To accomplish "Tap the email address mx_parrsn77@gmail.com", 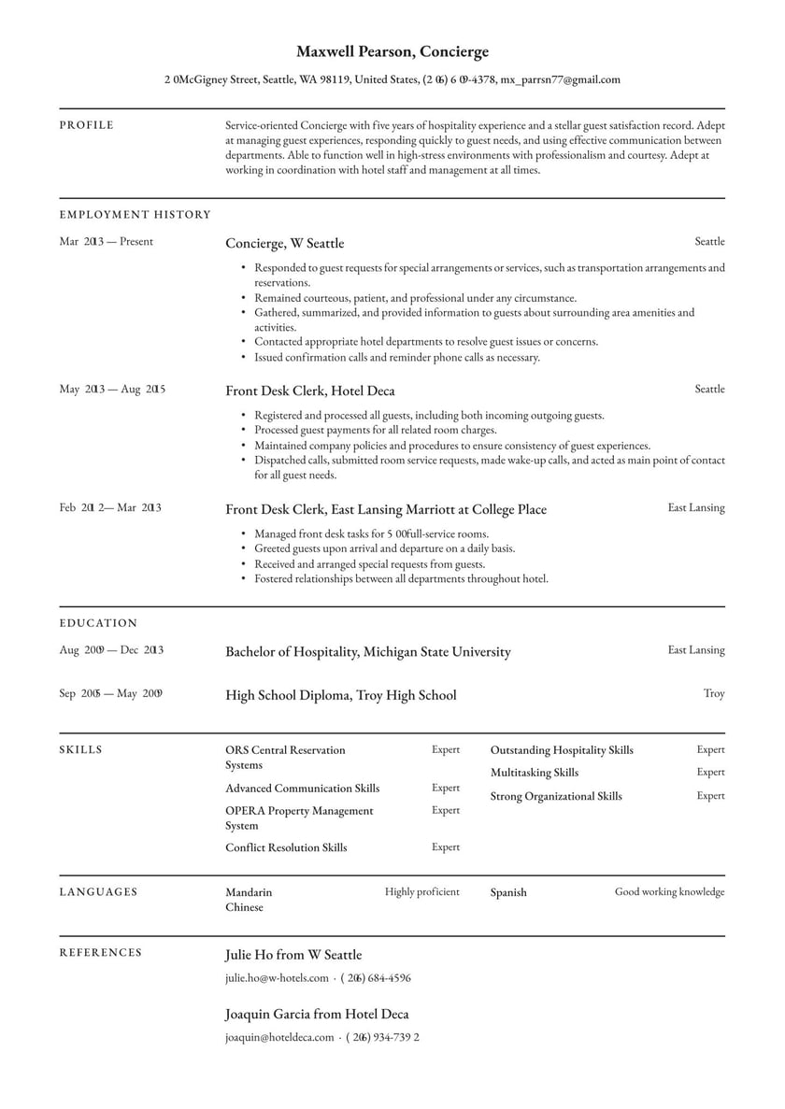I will click(560, 80).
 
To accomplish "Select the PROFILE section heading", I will click(87, 125).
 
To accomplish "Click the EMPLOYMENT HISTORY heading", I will click(136, 215).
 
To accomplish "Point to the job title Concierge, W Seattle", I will click(284, 244).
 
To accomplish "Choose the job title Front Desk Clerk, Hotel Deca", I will click(309, 391).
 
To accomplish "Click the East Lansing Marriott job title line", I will click(385, 510).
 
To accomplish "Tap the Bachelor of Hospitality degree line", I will click(367, 652).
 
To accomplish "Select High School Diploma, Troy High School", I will click(340, 695).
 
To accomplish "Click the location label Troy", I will click(714, 694).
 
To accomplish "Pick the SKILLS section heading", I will click(81, 750).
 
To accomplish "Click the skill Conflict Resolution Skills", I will click(286, 848).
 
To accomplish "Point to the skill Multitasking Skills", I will click(535, 774).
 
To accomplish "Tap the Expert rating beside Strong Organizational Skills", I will click(710, 796).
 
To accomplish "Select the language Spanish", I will click(508, 893).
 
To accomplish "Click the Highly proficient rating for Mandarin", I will click(422, 892).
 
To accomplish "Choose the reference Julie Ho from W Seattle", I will click(293, 956).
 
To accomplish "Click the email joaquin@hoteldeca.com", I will click(279, 1037).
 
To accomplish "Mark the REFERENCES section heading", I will click(101, 953).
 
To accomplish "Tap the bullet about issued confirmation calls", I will click(397, 358).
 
